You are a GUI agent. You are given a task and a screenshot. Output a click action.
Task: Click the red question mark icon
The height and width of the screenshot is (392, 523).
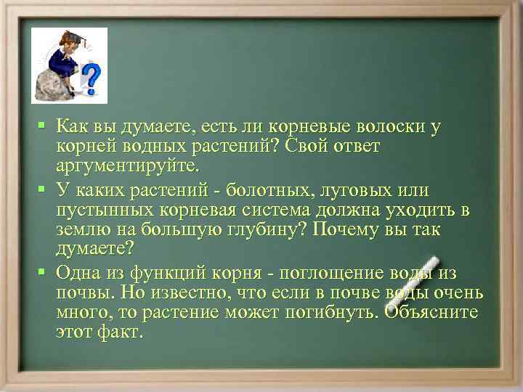click(x=91, y=75)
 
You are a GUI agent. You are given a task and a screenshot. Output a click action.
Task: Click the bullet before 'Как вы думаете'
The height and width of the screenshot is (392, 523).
click(x=43, y=126)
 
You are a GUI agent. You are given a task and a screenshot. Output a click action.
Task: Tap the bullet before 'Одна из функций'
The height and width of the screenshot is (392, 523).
click(x=43, y=272)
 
